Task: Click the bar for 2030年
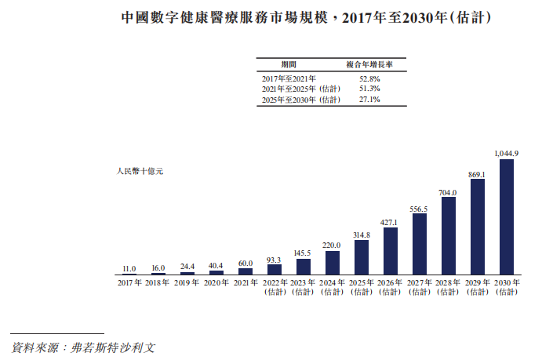(506, 216)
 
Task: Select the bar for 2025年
(362, 256)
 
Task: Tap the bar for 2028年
(449, 235)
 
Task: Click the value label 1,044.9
(506, 153)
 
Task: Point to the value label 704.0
(448, 191)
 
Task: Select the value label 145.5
(304, 253)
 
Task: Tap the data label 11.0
(129, 268)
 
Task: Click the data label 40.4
(216, 265)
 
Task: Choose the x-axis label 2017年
(129, 282)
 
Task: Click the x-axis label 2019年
(187, 282)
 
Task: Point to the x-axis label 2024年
(333, 282)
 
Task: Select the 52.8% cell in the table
(369, 79)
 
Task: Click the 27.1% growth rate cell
(369, 100)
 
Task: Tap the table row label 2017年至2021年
(289, 79)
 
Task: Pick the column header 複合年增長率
(369, 64)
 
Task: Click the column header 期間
(289, 64)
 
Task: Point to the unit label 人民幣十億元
(139, 171)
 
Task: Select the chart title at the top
(271, 16)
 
